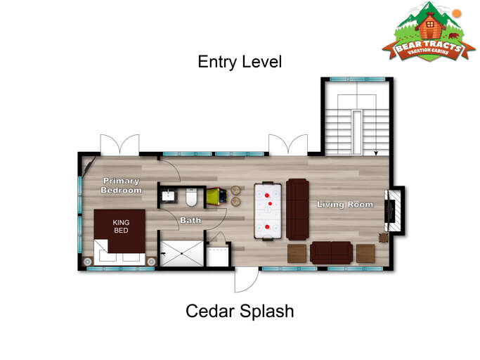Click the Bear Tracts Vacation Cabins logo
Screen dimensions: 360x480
pyautogui.click(x=429, y=33)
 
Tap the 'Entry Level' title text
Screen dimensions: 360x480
pyautogui.click(x=240, y=62)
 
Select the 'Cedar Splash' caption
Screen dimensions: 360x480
pyautogui.click(x=240, y=311)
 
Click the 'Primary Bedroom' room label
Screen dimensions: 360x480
pyautogui.click(x=121, y=185)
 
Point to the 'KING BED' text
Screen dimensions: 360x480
pyautogui.click(x=121, y=226)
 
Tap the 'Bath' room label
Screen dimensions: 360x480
pyautogui.click(x=190, y=220)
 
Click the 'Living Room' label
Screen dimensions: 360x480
pyautogui.click(x=344, y=205)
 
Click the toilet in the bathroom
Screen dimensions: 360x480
pyautogui.click(x=190, y=195)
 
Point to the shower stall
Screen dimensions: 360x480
pyautogui.click(x=181, y=253)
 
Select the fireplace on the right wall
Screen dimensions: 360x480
pyautogui.click(x=394, y=210)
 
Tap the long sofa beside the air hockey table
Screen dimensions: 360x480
pyautogui.click(x=297, y=209)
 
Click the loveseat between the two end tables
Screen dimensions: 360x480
pyautogui.click(x=331, y=253)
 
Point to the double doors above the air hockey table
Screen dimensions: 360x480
pyautogui.click(x=287, y=144)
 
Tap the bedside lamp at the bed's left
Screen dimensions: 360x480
pyautogui.click(x=88, y=262)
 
